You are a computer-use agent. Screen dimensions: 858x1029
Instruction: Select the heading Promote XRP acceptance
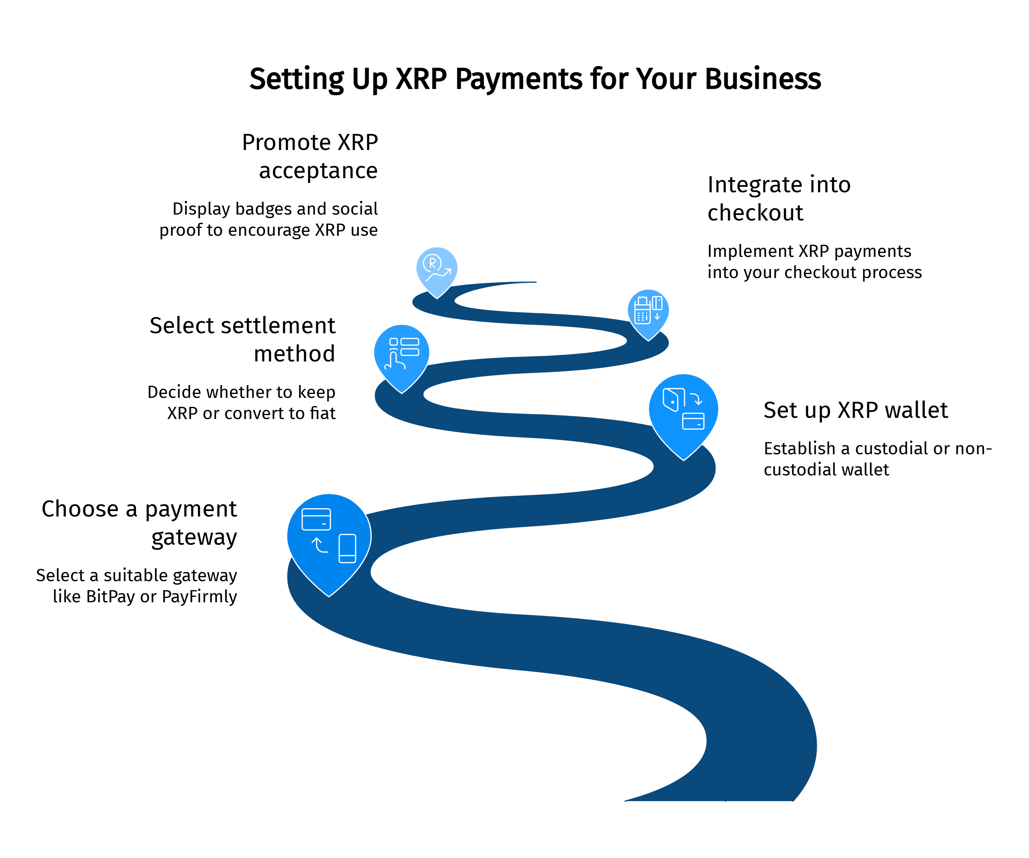coord(310,156)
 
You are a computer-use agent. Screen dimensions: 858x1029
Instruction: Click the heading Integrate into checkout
coord(779,199)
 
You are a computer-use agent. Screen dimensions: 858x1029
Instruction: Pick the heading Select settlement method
coord(242,339)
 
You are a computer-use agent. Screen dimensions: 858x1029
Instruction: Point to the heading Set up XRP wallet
coord(855,410)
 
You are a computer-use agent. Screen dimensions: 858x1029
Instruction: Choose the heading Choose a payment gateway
coord(140,522)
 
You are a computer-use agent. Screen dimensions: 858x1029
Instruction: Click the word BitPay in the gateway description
coord(110,596)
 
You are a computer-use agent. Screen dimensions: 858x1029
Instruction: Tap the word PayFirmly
coord(199,596)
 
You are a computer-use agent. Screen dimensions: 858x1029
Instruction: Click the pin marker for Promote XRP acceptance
coord(437,270)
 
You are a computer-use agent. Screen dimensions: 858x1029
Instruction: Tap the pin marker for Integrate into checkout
coord(648,312)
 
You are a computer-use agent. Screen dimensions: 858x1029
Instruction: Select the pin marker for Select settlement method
coord(401,355)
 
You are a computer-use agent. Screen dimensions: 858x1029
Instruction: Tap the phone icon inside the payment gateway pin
coord(347,548)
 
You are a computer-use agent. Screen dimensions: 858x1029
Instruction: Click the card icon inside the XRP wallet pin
coord(693,421)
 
